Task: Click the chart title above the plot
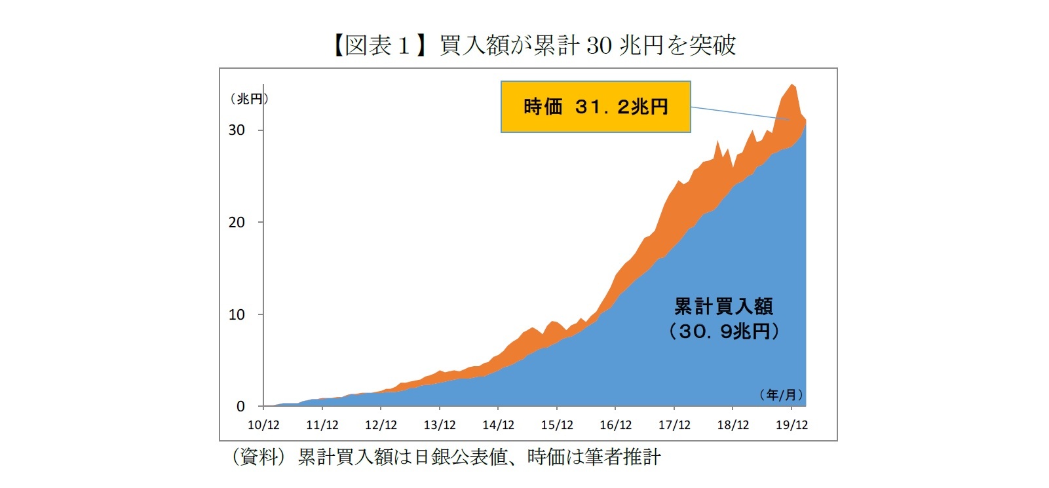point(534,45)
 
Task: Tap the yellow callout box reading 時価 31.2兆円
point(596,107)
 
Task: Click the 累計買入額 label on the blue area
point(723,306)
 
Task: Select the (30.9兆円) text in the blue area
point(723,331)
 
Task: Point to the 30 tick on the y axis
point(237,130)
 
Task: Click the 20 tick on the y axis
point(237,222)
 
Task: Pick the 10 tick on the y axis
point(237,314)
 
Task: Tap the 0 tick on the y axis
point(240,407)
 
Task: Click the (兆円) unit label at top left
point(249,99)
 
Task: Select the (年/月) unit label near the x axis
point(781,394)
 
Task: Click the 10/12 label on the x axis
point(263,425)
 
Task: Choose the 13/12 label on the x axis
point(440,425)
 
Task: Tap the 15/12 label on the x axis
point(557,425)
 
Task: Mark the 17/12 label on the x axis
point(674,425)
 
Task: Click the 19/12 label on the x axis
point(792,425)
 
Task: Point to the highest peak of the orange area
point(792,85)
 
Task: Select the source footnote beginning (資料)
point(446,457)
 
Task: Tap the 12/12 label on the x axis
point(381,425)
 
